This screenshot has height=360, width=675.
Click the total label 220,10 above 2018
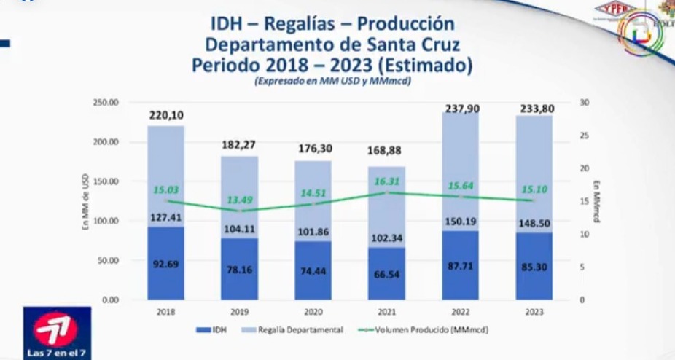166,114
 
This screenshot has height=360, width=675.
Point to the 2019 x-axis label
239,311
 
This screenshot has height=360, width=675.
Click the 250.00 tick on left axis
106,103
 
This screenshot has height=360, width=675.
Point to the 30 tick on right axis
584,103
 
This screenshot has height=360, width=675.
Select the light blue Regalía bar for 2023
534,175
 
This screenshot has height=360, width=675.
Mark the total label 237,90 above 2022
460,109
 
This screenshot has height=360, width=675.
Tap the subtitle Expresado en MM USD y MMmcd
332,82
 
